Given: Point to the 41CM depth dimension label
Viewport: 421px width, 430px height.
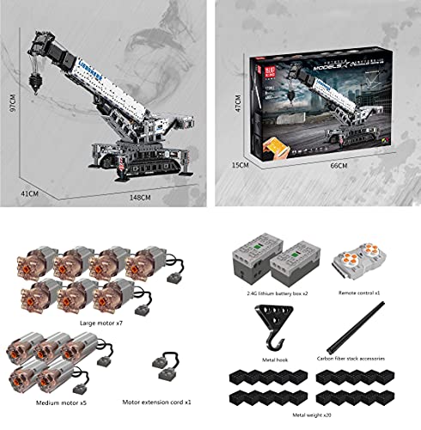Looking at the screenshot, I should point(29,194).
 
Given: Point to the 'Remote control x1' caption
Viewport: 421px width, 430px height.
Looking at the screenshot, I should point(357,294).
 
